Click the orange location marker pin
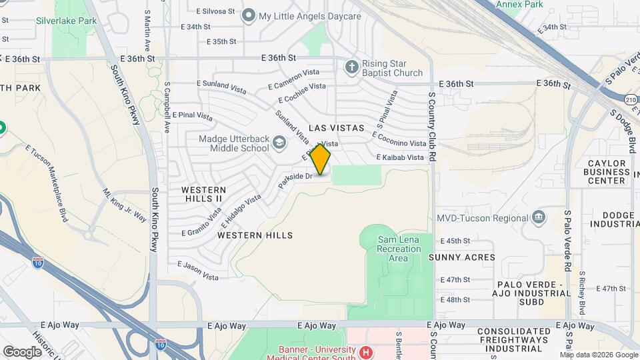321,159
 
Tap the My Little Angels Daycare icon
249,15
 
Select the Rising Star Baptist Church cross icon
351,67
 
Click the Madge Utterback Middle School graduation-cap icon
279,141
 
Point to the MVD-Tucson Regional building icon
538,217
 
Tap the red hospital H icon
365,352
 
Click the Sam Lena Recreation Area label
399,249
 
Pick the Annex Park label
520,4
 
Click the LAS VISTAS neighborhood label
337,127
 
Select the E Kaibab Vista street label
400,157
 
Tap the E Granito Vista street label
202,223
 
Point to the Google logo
22,351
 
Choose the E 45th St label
455,241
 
